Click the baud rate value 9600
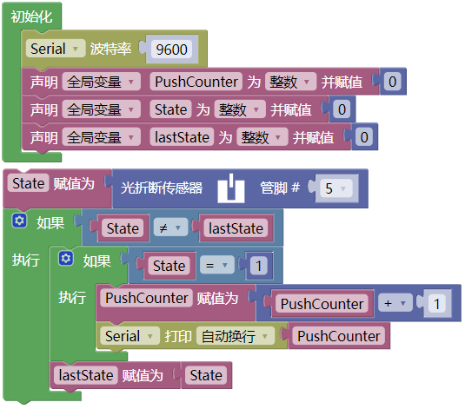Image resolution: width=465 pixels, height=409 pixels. click(172, 49)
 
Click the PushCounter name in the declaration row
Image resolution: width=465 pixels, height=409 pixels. click(196, 82)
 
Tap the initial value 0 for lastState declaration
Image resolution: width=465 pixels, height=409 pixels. click(364, 137)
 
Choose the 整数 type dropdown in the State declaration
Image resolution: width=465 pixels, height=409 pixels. click(240, 109)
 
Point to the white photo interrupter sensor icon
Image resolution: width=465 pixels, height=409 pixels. click(231, 188)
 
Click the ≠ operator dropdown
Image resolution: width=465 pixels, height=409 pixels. click(170, 228)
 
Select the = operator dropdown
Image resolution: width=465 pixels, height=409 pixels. click(216, 265)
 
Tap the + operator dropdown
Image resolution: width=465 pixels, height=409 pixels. click(395, 303)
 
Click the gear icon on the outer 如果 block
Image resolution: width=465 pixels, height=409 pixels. click(20, 221)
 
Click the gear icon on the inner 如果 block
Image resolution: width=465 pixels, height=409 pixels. click(66, 259)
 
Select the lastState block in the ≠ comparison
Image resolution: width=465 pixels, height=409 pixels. click(236, 228)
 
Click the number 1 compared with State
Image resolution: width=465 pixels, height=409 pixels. click(258, 266)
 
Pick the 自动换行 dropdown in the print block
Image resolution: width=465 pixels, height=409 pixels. click(236, 336)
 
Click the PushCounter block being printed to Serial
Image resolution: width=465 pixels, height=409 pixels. click(339, 336)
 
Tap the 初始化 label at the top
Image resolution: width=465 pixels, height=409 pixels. click(32, 16)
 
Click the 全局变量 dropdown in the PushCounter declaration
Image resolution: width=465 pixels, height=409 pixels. click(101, 82)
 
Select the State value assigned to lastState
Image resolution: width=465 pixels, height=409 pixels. click(206, 375)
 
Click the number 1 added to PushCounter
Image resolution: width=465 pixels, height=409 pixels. click(436, 303)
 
